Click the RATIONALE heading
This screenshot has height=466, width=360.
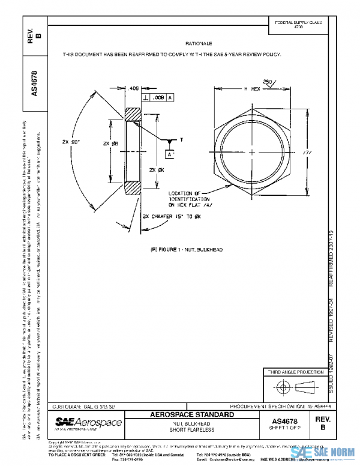pyautogui.click(x=199, y=44)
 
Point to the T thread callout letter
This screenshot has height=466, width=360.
pyautogui.click(x=181, y=139)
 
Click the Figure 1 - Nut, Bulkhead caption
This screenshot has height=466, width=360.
pyautogui.click(x=186, y=249)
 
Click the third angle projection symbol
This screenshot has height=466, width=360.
pyautogui.click(x=293, y=386)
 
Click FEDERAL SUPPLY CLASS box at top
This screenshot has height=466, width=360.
pyautogui.click(x=298, y=25)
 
